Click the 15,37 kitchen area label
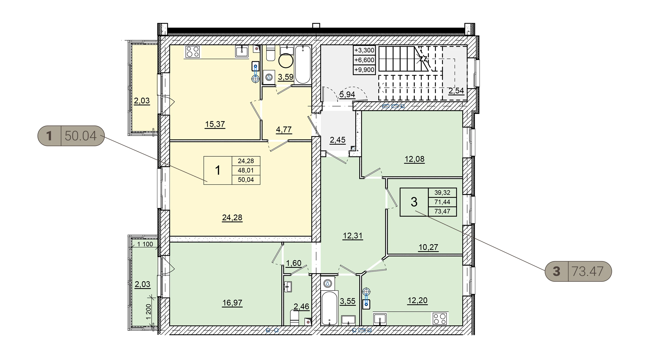[215, 124]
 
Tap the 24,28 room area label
[232, 218]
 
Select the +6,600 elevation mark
[364, 60]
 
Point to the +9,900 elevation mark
[364, 70]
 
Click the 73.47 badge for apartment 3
[578, 271]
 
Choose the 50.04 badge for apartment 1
[71, 136]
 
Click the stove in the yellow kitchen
[193, 52]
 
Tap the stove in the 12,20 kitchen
[440, 319]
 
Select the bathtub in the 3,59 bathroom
[303, 65]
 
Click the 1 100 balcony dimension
[145, 244]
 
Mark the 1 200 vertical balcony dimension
[148, 311]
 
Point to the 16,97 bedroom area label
[232, 303]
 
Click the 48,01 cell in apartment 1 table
[246, 170]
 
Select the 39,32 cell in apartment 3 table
[442, 193]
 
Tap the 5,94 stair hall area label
[347, 94]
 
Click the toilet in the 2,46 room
[295, 318]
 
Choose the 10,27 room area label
[428, 247]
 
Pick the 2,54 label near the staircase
[456, 91]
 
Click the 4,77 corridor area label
[284, 130]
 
